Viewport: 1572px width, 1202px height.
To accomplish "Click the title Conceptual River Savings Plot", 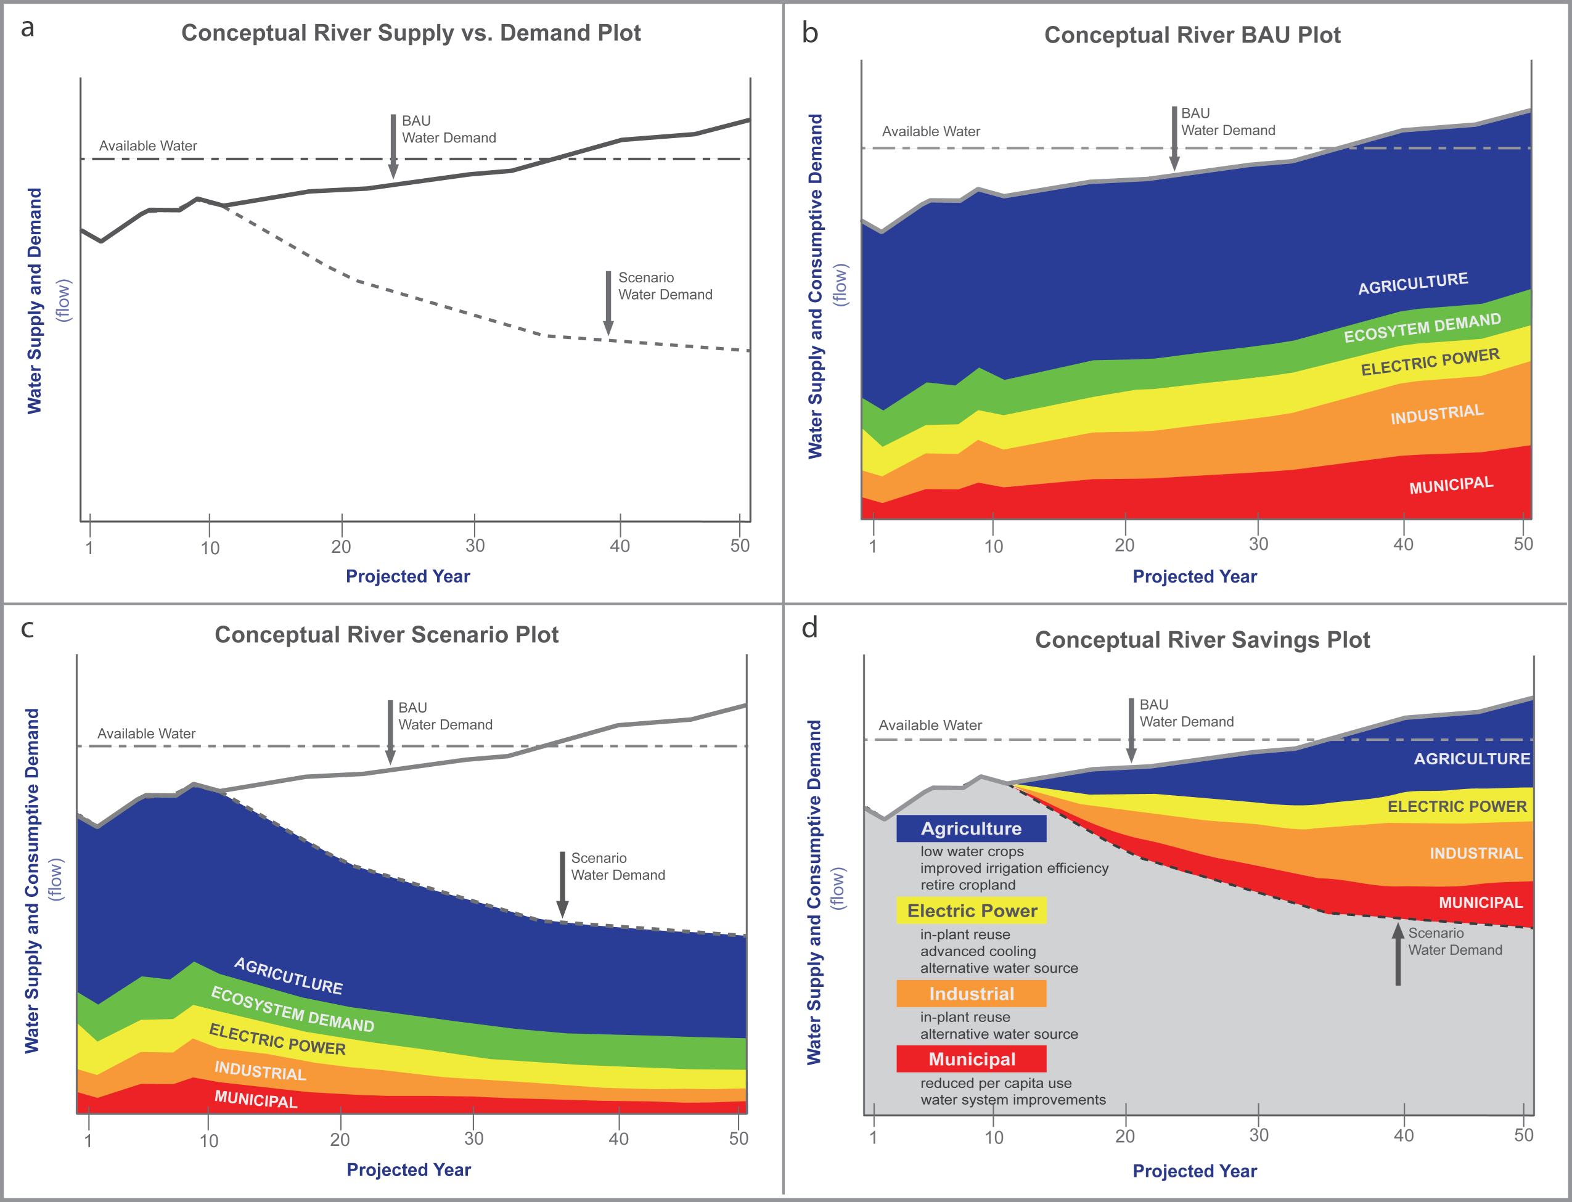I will (1202, 640).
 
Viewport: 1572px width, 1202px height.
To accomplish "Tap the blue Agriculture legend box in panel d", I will (971, 828).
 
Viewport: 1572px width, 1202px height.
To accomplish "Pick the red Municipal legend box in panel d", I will (971, 1059).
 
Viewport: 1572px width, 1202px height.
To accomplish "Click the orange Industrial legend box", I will (971, 994).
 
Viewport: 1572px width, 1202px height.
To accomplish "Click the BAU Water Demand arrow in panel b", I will (1174, 138).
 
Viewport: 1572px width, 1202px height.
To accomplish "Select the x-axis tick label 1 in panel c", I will (88, 1140).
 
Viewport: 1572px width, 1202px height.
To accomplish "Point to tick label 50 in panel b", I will (1523, 544).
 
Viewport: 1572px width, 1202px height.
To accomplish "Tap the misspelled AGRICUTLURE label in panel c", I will (289, 976).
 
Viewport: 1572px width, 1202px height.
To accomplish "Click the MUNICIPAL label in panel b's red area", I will (1451, 486).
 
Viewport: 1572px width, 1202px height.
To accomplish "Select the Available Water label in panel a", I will (148, 146).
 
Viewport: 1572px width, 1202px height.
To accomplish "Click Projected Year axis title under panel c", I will (409, 1170).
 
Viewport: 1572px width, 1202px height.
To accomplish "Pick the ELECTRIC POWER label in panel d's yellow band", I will (1457, 807).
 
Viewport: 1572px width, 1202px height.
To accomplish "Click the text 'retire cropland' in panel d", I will (967, 885).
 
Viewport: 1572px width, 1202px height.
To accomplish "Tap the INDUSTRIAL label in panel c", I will (260, 1071).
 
